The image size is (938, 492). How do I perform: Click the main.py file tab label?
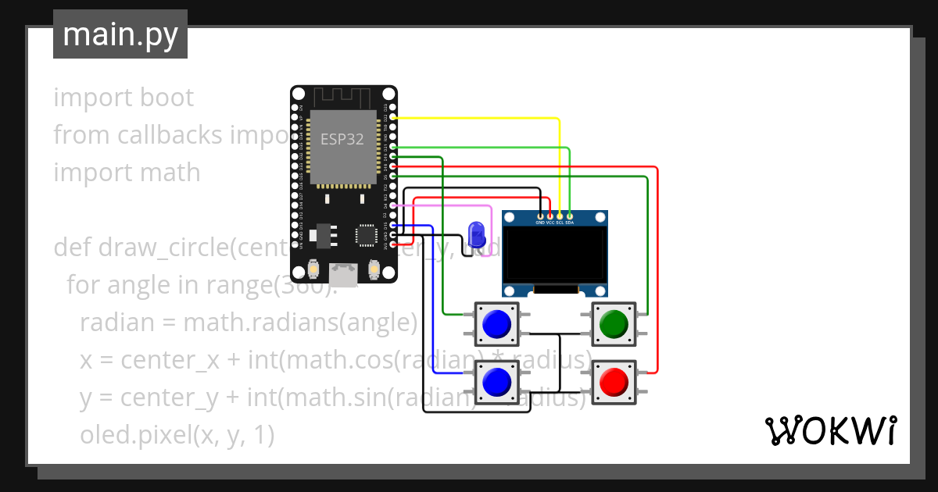click(x=120, y=34)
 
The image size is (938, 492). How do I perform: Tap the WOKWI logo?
click(x=830, y=430)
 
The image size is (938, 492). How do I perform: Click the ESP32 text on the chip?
click(x=342, y=139)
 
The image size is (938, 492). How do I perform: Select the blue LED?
click(x=475, y=234)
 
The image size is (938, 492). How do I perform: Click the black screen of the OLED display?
click(x=555, y=255)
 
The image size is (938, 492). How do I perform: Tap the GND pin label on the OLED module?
click(x=540, y=223)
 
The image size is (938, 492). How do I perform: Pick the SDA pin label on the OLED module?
click(x=570, y=223)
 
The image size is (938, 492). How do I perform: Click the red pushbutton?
click(x=614, y=382)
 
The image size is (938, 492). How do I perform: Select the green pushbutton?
click(x=614, y=323)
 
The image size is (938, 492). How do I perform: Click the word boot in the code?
click(x=167, y=98)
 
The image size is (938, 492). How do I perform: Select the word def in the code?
click(x=72, y=248)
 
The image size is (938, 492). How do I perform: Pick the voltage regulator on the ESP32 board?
click(x=320, y=234)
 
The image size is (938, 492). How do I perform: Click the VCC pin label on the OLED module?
click(x=550, y=223)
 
